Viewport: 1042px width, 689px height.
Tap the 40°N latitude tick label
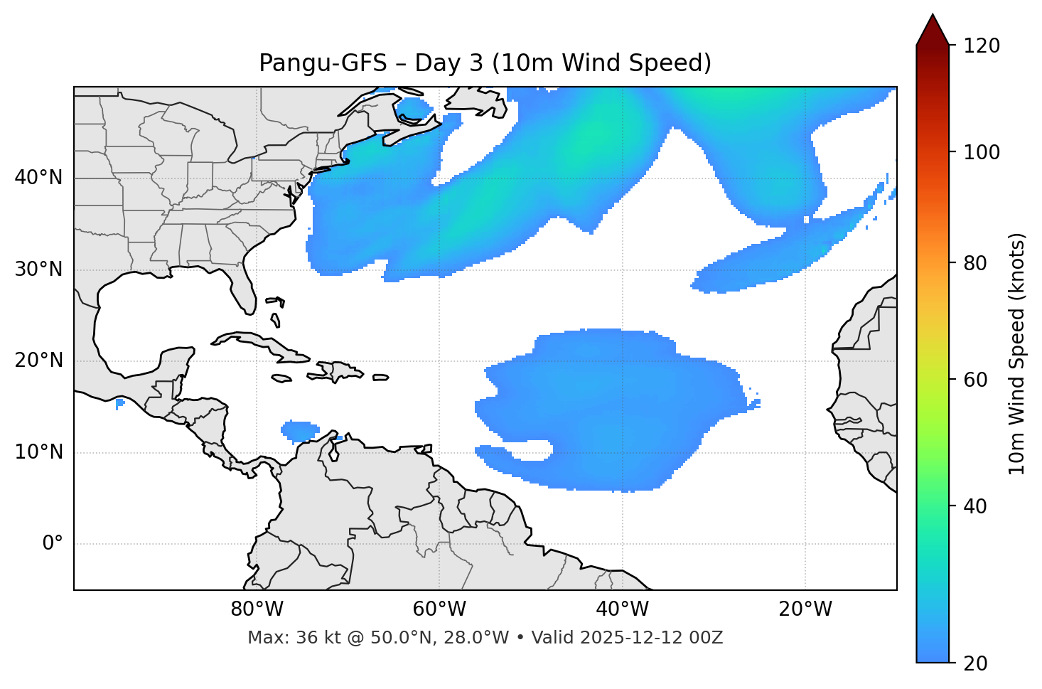(38, 177)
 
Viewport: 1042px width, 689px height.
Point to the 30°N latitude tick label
(38, 269)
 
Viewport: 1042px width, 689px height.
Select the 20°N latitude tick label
(38, 360)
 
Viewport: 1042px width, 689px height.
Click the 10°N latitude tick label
(38, 452)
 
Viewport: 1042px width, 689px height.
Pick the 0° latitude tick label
(53, 544)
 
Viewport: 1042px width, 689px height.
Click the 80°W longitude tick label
(257, 609)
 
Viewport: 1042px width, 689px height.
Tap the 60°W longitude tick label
(439, 609)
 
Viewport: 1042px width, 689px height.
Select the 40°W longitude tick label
(622, 609)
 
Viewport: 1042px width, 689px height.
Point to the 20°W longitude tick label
(805, 609)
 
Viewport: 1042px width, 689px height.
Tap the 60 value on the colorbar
(975, 380)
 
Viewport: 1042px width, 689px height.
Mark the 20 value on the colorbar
(975, 663)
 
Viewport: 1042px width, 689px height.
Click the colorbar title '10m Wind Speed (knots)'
(1017, 353)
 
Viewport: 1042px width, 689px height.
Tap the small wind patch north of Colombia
(301, 430)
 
